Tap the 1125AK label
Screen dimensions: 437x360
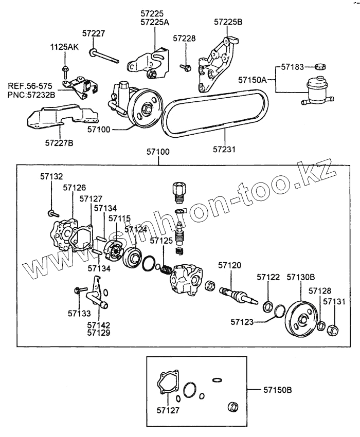coord(64,47)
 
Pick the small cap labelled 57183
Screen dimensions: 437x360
coord(320,66)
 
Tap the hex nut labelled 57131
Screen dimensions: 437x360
coord(332,329)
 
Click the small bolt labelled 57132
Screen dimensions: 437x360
coord(52,211)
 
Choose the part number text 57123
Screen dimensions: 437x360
coord(243,322)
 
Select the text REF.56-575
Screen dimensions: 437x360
coord(29,86)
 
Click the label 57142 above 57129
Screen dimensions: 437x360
coord(99,325)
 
